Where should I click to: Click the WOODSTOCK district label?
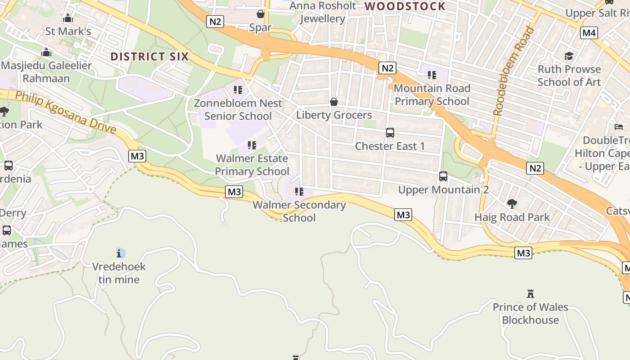point(405,6)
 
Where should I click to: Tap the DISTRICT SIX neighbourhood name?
point(149,57)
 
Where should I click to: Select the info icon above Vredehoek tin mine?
point(120,253)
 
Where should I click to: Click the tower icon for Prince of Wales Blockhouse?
point(531,294)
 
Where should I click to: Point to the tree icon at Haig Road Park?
point(512,204)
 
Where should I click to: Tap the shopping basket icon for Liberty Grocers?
point(334,102)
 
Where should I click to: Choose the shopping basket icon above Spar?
point(260,14)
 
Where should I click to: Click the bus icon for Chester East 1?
point(390,133)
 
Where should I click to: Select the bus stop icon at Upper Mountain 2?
point(443,176)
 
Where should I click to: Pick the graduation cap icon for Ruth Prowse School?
point(569,56)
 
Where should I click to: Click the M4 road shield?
point(589,33)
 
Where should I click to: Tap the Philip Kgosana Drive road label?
point(66,112)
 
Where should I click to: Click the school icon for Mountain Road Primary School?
point(432,75)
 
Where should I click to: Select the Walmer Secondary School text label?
point(299,211)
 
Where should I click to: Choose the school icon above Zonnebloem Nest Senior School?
point(238,90)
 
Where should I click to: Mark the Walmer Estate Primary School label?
point(252,165)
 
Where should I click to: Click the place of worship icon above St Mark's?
point(68,18)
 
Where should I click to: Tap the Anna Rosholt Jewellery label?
point(323,12)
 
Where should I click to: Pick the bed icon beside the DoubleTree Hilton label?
point(619,127)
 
